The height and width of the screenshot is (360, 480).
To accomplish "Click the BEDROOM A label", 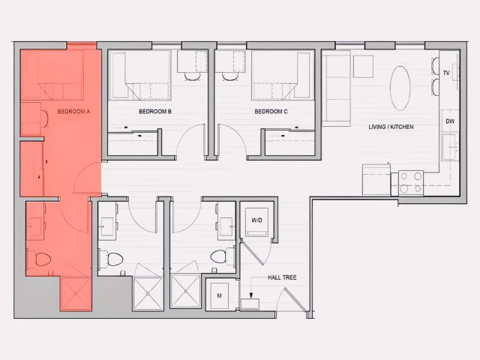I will (73, 111).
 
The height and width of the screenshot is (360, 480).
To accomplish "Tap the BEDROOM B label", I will (155, 112).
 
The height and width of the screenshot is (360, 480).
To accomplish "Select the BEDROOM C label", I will (271, 112).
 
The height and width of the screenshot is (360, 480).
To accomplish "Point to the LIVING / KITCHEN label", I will (391, 127).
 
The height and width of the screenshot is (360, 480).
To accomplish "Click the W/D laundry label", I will (256, 220).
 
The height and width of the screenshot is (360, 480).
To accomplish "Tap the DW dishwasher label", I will (450, 121).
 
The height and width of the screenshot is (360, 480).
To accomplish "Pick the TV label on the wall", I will (446, 73).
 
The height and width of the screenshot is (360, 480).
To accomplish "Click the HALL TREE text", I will (282, 278).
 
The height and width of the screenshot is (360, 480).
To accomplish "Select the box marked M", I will (220, 296).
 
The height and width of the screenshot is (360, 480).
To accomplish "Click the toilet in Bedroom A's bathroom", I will (42, 259).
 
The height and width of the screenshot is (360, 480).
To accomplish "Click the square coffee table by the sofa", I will (363, 66).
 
